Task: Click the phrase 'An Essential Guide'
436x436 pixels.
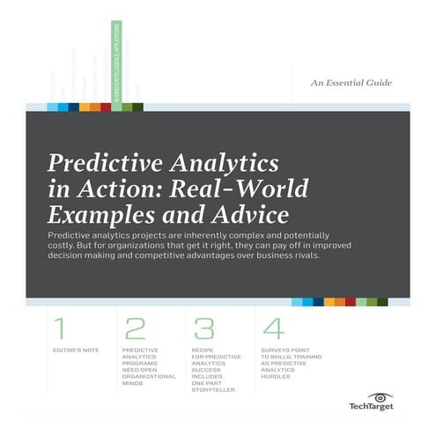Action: [351, 84]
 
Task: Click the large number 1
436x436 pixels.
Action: [59, 329]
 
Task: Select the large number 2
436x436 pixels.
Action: [135, 329]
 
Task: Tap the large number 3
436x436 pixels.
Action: [204, 329]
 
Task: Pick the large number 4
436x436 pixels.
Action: [273, 329]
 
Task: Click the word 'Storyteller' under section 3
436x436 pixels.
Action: [214, 391]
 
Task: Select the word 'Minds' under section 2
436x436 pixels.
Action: [134, 384]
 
